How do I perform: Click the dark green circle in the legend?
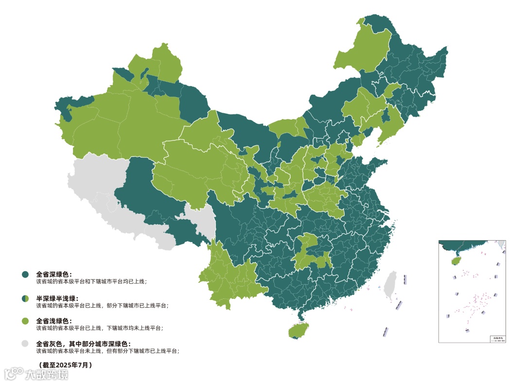click(25, 275)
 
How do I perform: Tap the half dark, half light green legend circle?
click(25, 298)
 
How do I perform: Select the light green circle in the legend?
click(25, 321)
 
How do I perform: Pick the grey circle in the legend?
click(25, 344)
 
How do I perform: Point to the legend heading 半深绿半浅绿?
click(57, 298)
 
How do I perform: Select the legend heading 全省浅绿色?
click(54, 321)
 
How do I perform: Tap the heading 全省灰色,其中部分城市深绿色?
click(83, 344)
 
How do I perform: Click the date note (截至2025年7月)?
click(65, 364)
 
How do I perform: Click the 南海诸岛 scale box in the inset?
click(497, 338)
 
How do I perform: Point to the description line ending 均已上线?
click(91, 281)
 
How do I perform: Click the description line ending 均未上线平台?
click(99, 328)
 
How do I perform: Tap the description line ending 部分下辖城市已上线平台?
click(102, 305)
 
